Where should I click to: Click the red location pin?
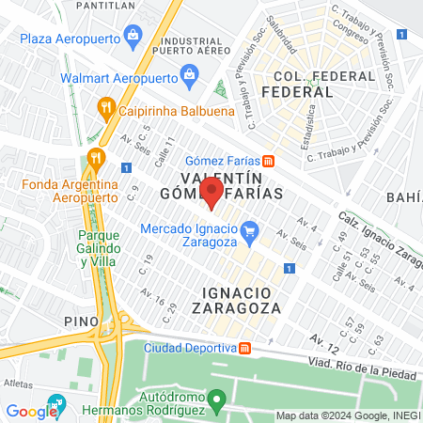(x=212, y=192)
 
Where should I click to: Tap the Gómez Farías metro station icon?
(x=268, y=159)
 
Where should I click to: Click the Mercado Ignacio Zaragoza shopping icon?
(x=249, y=229)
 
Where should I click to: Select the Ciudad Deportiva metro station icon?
(x=244, y=348)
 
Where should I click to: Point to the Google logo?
(x=31, y=411)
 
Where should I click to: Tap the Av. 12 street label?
(x=323, y=336)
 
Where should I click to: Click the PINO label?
(x=82, y=321)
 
